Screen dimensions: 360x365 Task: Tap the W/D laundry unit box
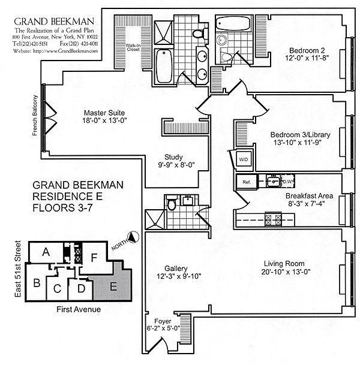(244, 160)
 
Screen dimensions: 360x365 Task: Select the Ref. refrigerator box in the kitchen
(246, 182)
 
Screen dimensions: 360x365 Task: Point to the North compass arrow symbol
(133, 239)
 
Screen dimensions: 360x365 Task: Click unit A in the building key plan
(46, 254)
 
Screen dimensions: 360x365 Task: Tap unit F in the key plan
(94, 258)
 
